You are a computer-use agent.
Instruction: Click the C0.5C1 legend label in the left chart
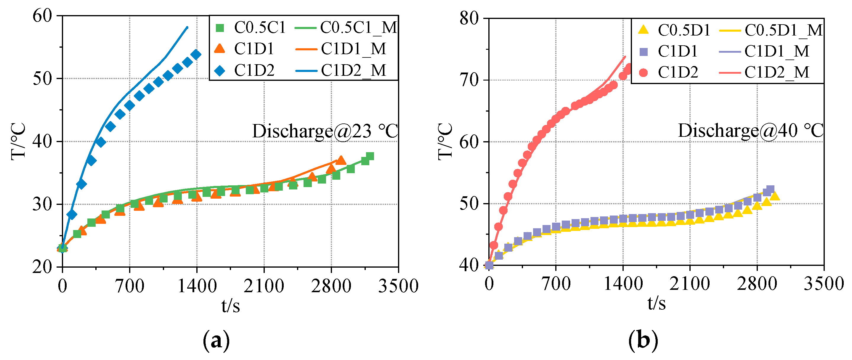click(259, 28)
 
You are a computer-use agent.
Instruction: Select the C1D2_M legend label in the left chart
click(353, 70)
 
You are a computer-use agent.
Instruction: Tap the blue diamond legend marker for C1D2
click(220, 70)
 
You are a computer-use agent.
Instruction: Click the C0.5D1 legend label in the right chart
click(684, 30)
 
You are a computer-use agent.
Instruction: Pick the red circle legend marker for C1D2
click(643, 73)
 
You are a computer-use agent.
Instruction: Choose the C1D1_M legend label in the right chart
click(777, 51)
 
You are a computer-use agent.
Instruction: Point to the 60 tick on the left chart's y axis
click(43, 16)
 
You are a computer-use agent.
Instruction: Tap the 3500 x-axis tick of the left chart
click(398, 286)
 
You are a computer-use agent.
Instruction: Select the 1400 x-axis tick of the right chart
click(623, 284)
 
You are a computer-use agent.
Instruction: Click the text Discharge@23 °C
click(325, 131)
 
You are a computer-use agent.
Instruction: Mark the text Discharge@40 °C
click(750, 131)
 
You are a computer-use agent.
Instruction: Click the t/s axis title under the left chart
click(230, 306)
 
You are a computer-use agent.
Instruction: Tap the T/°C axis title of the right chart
click(445, 142)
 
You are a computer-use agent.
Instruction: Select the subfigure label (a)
click(216, 340)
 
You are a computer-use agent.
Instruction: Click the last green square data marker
click(370, 156)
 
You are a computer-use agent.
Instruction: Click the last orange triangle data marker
click(341, 160)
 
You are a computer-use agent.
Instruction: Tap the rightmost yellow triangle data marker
click(775, 196)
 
